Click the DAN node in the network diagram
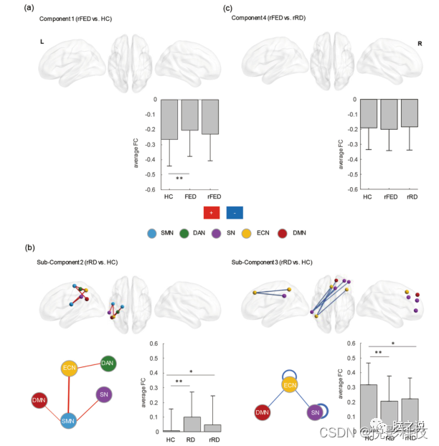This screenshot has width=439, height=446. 108,364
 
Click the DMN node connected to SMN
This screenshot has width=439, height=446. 39,400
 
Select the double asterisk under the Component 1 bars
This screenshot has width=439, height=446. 179,178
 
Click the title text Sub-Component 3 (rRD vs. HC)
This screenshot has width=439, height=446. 272,262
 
